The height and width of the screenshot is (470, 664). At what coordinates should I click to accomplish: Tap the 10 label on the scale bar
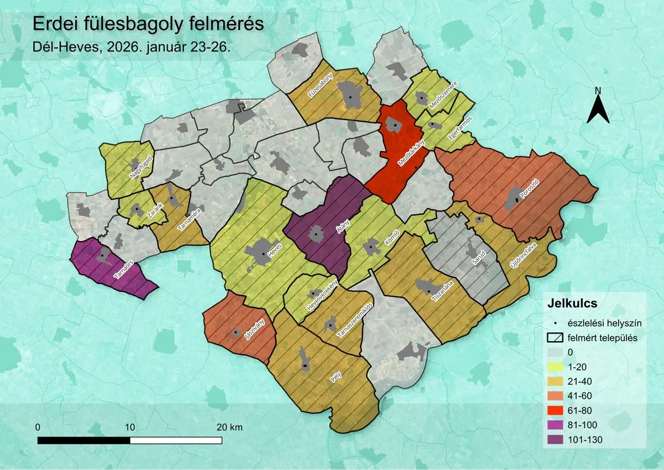[x=130, y=427]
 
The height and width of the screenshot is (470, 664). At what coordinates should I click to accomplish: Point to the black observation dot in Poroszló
[x=517, y=199]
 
